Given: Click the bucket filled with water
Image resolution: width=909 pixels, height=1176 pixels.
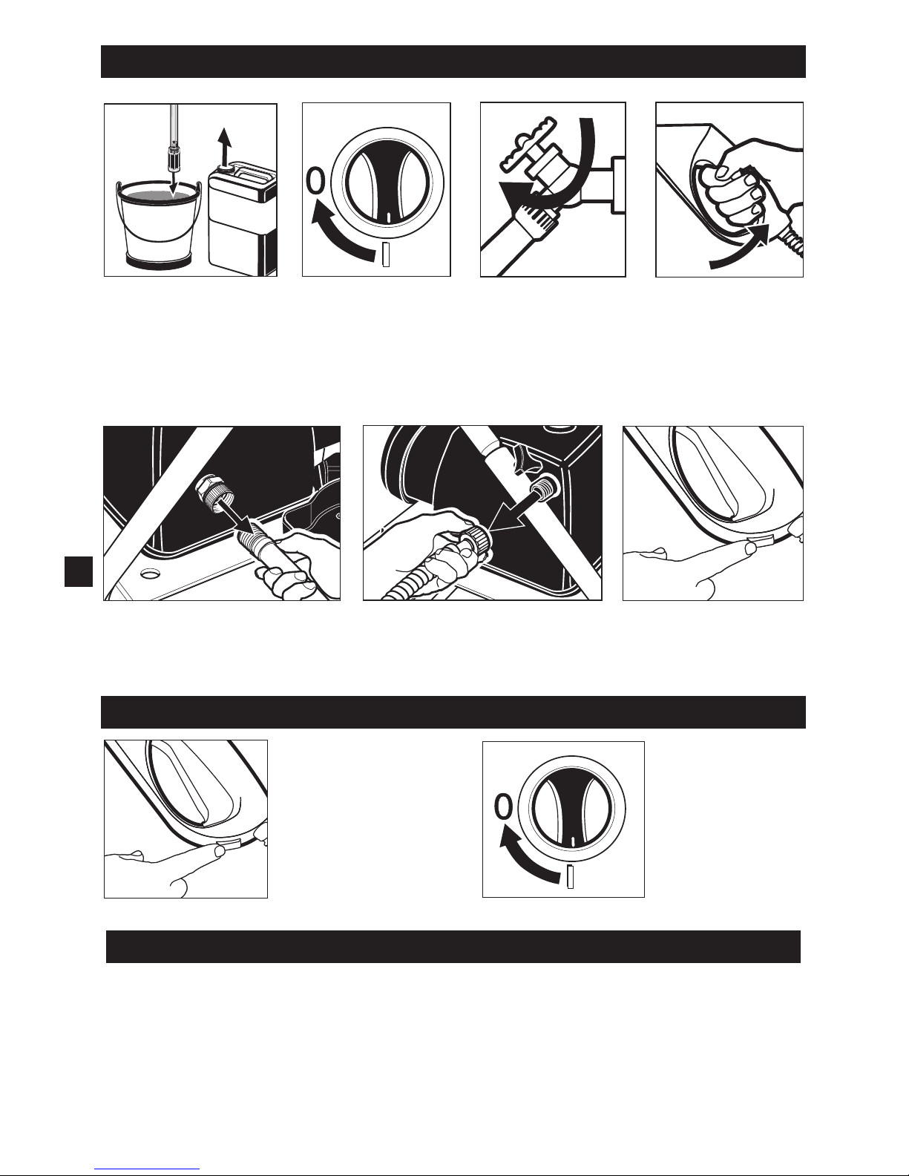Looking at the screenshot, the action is [159, 225].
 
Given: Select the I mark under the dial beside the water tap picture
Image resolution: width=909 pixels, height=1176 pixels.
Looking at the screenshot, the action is [386, 254].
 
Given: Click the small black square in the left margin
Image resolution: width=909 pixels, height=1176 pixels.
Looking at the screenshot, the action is [79, 571].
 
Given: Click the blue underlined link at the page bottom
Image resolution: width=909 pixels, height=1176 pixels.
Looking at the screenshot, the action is [147, 1169].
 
